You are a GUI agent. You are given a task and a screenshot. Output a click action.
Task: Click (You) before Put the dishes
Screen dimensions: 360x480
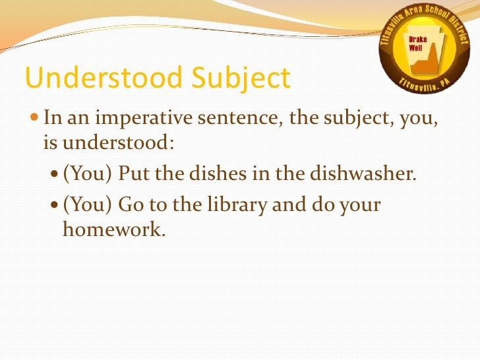tap(88, 176)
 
